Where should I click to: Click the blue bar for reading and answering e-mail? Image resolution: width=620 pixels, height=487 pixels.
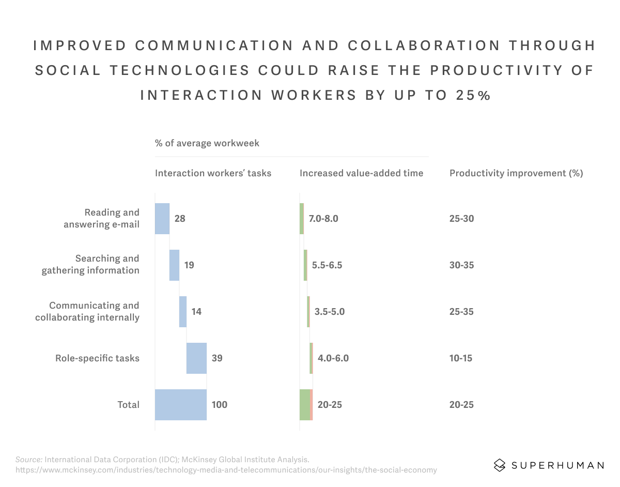(162, 219)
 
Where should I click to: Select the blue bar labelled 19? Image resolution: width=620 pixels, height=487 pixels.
(174, 265)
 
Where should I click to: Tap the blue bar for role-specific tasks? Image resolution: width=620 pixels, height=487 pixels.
(196, 358)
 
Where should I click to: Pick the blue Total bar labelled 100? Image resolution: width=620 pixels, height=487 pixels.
(181, 405)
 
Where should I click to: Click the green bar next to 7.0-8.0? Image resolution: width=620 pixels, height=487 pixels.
(302, 219)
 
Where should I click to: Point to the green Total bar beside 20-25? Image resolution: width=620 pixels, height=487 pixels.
(305, 405)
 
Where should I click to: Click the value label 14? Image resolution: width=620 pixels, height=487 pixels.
(196, 312)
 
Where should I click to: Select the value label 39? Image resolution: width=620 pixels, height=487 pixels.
(217, 358)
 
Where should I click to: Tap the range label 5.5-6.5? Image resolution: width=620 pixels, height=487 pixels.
(327, 265)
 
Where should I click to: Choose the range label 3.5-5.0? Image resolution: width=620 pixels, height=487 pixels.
(329, 312)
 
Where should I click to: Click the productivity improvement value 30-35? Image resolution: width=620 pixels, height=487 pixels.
(461, 265)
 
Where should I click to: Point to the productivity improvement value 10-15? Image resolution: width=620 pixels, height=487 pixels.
(461, 358)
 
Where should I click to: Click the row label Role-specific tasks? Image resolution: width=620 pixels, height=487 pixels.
(97, 358)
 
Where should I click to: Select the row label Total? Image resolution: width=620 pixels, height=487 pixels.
(128, 405)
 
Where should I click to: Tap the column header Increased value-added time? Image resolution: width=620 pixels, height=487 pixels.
(361, 173)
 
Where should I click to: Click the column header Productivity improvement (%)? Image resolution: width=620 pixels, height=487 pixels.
(516, 173)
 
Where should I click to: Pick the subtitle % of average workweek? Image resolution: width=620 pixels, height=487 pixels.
(207, 143)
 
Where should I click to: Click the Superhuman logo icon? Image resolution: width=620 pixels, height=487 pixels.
(499, 465)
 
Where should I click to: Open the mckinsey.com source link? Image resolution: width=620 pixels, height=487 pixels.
(226, 470)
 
